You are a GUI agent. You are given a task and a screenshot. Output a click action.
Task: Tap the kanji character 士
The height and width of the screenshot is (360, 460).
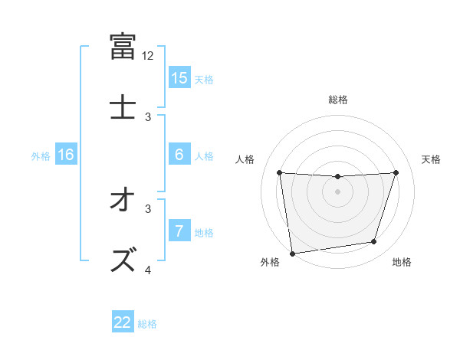tap(123, 106)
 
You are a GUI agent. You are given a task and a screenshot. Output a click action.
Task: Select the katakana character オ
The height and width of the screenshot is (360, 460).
tap(123, 201)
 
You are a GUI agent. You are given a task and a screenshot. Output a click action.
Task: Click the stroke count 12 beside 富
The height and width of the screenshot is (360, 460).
tap(148, 56)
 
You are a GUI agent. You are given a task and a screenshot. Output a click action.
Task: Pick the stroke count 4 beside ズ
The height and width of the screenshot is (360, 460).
tap(148, 269)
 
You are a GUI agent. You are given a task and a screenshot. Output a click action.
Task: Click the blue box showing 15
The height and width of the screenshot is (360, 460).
tap(179, 77)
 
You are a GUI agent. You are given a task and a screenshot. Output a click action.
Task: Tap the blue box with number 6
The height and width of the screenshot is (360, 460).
tap(179, 155)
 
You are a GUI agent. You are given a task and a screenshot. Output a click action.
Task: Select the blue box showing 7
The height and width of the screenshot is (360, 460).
tap(179, 231)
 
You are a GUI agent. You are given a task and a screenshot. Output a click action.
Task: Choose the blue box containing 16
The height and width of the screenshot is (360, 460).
tap(66, 155)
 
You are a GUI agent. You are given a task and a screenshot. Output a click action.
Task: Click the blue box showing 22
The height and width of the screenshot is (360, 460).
tap(123, 322)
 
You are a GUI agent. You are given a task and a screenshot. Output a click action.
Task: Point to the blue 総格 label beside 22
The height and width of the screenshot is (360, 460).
tap(147, 324)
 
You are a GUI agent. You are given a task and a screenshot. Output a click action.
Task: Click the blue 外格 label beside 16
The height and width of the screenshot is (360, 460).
tap(41, 156)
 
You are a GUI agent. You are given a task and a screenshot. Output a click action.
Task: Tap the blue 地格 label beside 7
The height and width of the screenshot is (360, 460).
tap(204, 233)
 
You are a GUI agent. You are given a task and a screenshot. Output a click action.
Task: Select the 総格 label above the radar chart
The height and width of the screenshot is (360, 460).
tap(338, 100)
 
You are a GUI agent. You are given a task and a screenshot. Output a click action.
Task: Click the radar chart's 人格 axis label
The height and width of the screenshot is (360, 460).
tap(246, 159)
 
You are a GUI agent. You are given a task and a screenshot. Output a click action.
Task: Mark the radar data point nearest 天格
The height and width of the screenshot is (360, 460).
tap(396, 172)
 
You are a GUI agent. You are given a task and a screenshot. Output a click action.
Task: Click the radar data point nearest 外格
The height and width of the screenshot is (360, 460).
tap(292, 253)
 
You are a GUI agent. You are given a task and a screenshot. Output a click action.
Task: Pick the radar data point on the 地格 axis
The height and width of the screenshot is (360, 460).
tap(374, 242)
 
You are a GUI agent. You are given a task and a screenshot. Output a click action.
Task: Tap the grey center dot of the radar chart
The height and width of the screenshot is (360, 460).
tap(338, 191)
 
